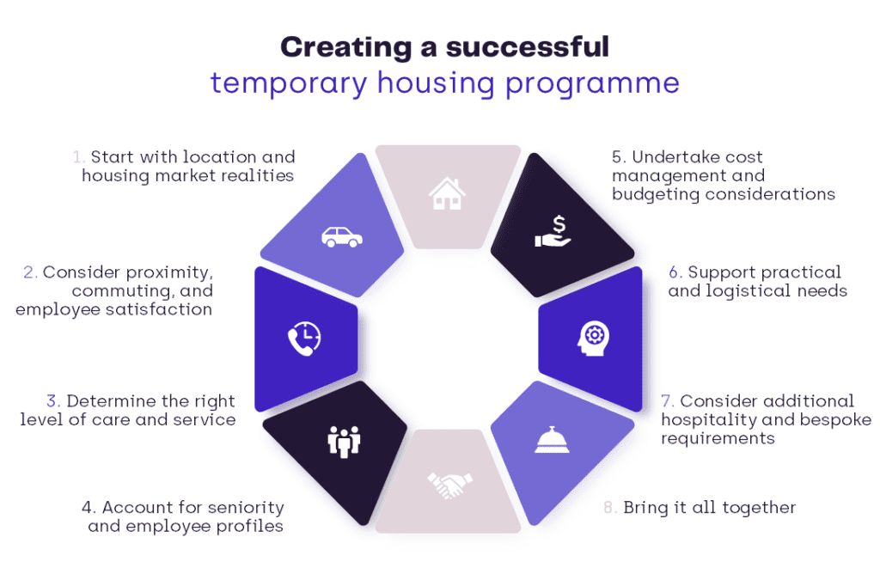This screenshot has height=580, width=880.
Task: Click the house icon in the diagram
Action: click(447, 193)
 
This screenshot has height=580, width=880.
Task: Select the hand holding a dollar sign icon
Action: click(553, 232)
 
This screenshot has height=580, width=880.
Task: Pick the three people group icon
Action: click(344, 441)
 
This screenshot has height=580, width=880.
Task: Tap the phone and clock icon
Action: click(303, 337)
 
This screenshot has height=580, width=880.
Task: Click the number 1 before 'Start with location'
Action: click(78, 157)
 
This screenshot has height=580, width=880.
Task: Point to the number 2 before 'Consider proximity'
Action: click(30, 272)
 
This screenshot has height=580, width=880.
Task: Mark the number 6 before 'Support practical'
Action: click(675, 272)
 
